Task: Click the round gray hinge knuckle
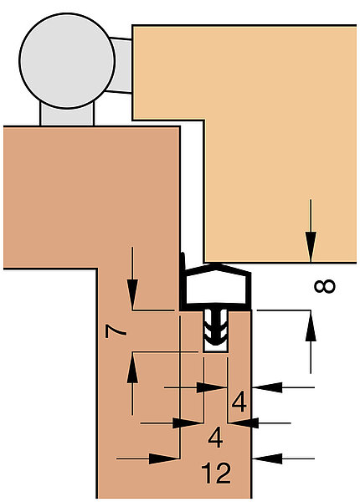point(67,61)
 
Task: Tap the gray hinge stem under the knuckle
point(67,115)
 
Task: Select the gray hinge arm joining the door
point(121,65)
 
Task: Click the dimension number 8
point(325,286)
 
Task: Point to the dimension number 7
point(116,331)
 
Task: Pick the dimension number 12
point(216,473)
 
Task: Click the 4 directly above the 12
point(215,438)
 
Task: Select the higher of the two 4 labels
point(239,402)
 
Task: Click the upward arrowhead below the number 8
point(311,325)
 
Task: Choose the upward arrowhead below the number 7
point(132,367)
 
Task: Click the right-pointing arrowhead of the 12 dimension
point(164,458)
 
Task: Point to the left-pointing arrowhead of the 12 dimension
point(267,458)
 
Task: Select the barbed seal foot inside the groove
point(216,328)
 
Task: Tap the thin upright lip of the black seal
point(183,266)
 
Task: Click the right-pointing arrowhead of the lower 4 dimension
point(188,423)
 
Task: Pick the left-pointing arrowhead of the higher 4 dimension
point(267,387)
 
